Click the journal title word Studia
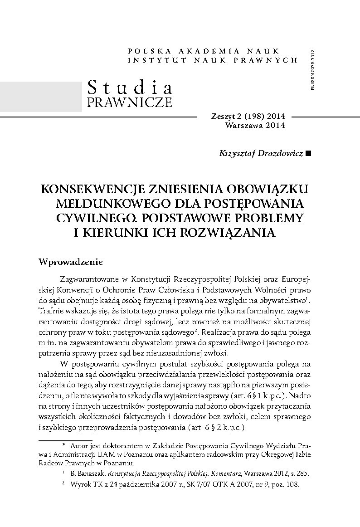129,86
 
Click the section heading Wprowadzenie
71,262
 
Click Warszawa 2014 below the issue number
255,126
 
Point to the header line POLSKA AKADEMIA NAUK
204,51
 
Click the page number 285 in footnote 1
302,473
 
